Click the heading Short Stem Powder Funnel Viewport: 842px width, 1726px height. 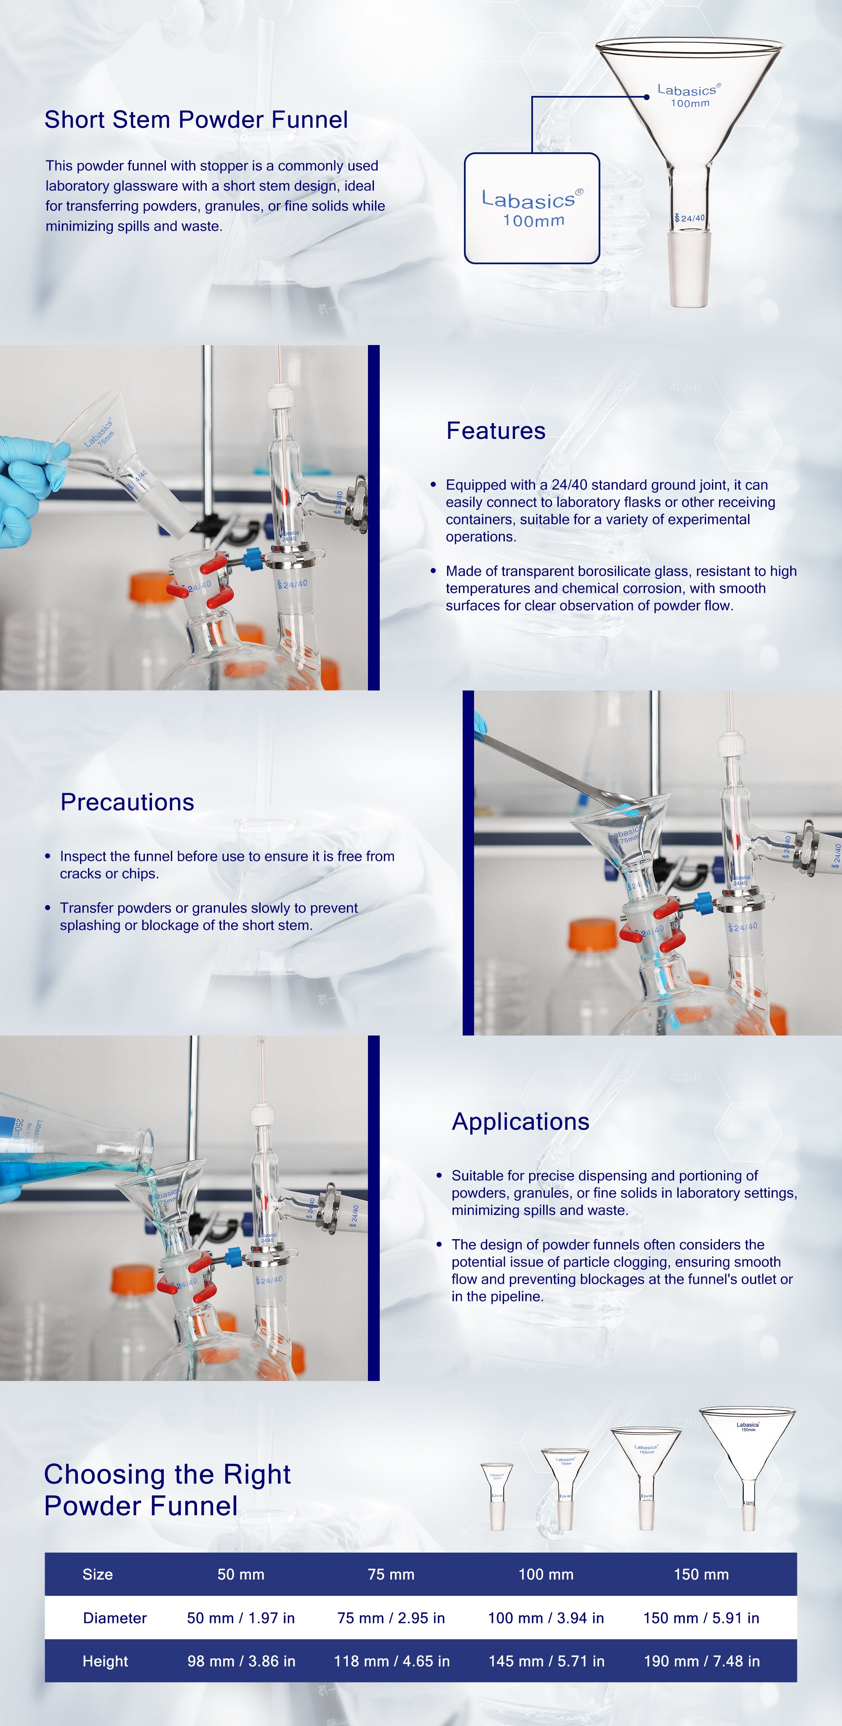point(197,120)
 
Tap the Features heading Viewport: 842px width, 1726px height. point(496,431)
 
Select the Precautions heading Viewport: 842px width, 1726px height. point(128,802)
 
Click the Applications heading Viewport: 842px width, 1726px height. point(521,1122)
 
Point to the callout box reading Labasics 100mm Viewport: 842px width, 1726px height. point(532,208)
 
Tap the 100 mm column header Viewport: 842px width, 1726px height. point(546,1575)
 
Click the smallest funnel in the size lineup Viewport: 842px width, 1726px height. point(497,1497)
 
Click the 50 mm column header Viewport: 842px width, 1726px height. point(241,1575)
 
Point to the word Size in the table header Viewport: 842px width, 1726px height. point(98,1575)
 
